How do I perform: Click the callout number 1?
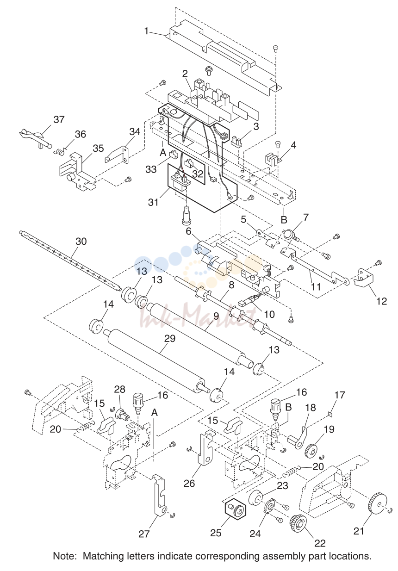coord(146,31)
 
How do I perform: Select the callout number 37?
coord(59,119)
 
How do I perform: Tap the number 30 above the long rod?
coord(81,241)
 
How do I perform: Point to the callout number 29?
coord(170,339)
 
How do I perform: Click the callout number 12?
coord(382,301)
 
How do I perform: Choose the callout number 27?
coord(144,534)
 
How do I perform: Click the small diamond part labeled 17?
coord(330,415)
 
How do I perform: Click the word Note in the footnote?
coord(65,556)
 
